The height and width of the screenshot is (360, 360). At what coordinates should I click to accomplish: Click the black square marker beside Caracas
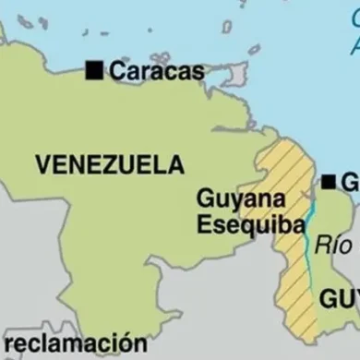(93, 69)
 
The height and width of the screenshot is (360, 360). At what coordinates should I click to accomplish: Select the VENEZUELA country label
(110, 165)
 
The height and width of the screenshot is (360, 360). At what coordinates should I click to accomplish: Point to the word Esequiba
(237, 223)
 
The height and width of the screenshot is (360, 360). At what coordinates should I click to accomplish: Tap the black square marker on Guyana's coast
(329, 182)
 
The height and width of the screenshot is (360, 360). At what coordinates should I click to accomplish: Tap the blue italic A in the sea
(353, 44)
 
